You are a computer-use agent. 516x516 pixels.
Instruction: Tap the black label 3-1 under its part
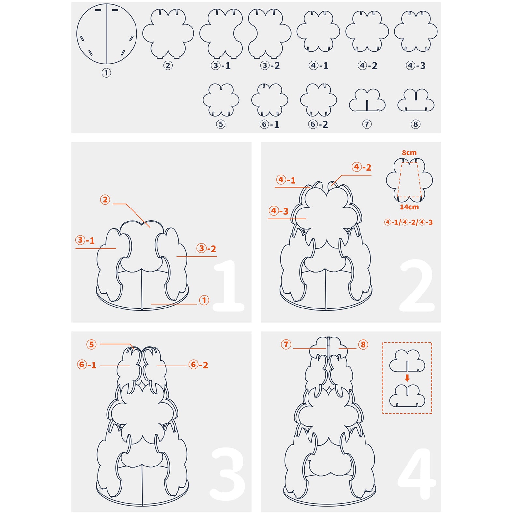[221, 65]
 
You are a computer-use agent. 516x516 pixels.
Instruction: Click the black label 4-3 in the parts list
[416, 65]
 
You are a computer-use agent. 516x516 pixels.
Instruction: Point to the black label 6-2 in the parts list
[318, 124]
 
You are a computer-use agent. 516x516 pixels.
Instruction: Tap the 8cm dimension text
[409, 152]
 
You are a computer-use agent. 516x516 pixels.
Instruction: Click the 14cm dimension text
[409, 207]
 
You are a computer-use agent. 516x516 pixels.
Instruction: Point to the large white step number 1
[229, 286]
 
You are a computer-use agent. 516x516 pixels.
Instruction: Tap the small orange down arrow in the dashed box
[407, 378]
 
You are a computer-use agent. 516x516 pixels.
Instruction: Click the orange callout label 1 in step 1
[204, 300]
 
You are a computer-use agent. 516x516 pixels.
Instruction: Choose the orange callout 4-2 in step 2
[362, 167]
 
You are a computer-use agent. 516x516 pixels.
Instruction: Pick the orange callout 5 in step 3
[92, 344]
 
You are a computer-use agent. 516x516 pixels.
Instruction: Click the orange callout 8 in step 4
[363, 344]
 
